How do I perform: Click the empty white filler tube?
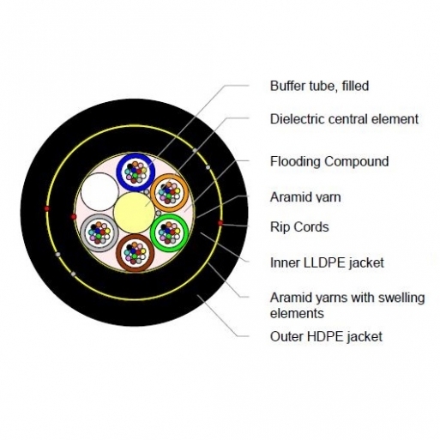coord(99,192)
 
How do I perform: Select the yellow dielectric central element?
coord(134,212)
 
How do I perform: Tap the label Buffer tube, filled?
coord(319,86)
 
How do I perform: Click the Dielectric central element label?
coord(344,119)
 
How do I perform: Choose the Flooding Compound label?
coord(329,161)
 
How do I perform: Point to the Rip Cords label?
coord(299,227)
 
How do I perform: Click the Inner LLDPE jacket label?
coord(327,262)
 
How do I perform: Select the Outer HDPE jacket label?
coord(326,336)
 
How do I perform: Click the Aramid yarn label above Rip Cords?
coord(305,197)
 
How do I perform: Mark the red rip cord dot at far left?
coord(46,208)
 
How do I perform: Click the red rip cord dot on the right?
coord(220,223)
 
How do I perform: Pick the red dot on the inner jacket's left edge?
coord(74,216)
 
